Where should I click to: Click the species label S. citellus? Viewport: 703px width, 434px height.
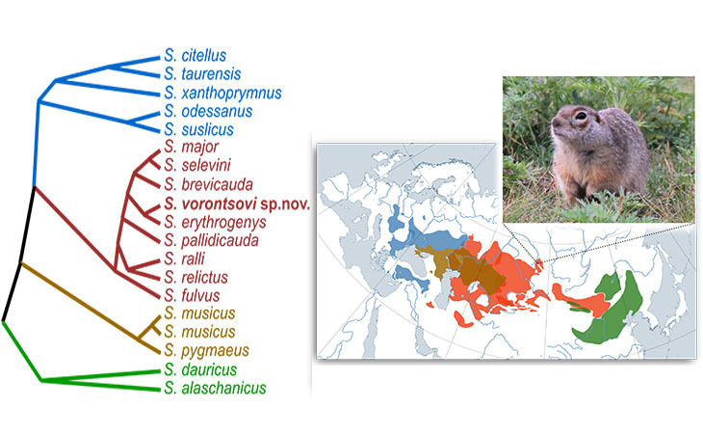pyautogui.click(x=201, y=56)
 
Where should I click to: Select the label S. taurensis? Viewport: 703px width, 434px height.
pyautogui.click(x=202, y=74)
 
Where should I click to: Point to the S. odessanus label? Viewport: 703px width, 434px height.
pyautogui.click(x=205, y=112)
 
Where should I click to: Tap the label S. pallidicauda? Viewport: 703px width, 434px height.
pyautogui.click(x=210, y=239)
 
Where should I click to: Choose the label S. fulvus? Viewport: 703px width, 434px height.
pyautogui.click(x=194, y=294)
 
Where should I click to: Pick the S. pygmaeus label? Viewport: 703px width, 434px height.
pyautogui.click(x=201, y=349)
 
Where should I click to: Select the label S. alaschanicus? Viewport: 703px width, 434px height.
pyautogui.click(x=214, y=388)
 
